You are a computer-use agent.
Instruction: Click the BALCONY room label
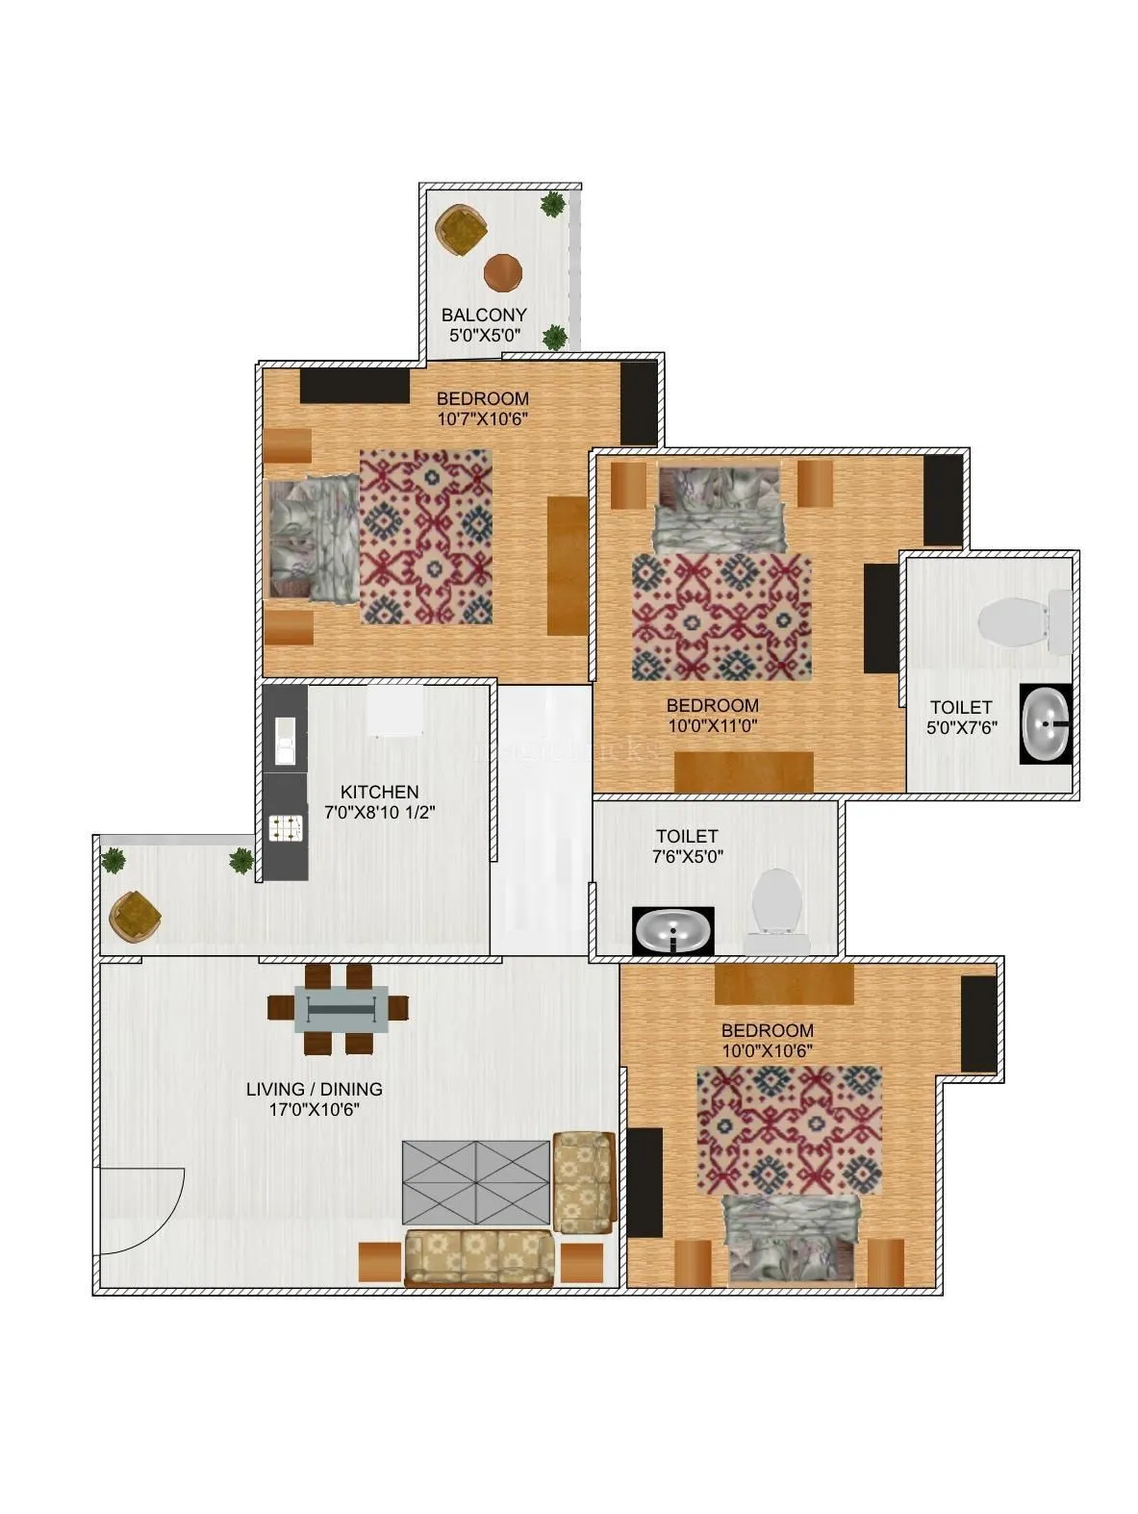coord(483,315)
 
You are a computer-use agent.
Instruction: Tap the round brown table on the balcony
coord(503,272)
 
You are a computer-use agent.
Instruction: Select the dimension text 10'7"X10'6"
coord(482,418)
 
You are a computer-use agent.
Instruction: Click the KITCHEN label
coord(380,792)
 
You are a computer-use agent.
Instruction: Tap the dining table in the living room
coord(346,1007)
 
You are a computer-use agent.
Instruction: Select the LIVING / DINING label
coord(314,1089)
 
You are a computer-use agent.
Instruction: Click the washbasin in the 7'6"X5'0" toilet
coord(673,930)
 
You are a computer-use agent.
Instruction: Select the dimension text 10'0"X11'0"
coord(713,726)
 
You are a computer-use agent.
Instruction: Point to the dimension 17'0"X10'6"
coord(314,1109)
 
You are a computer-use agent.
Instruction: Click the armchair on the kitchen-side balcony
coord(135,915)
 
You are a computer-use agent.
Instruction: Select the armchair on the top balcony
coord(461,230)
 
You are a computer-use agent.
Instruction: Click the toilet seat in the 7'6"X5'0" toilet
coord(775,902)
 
